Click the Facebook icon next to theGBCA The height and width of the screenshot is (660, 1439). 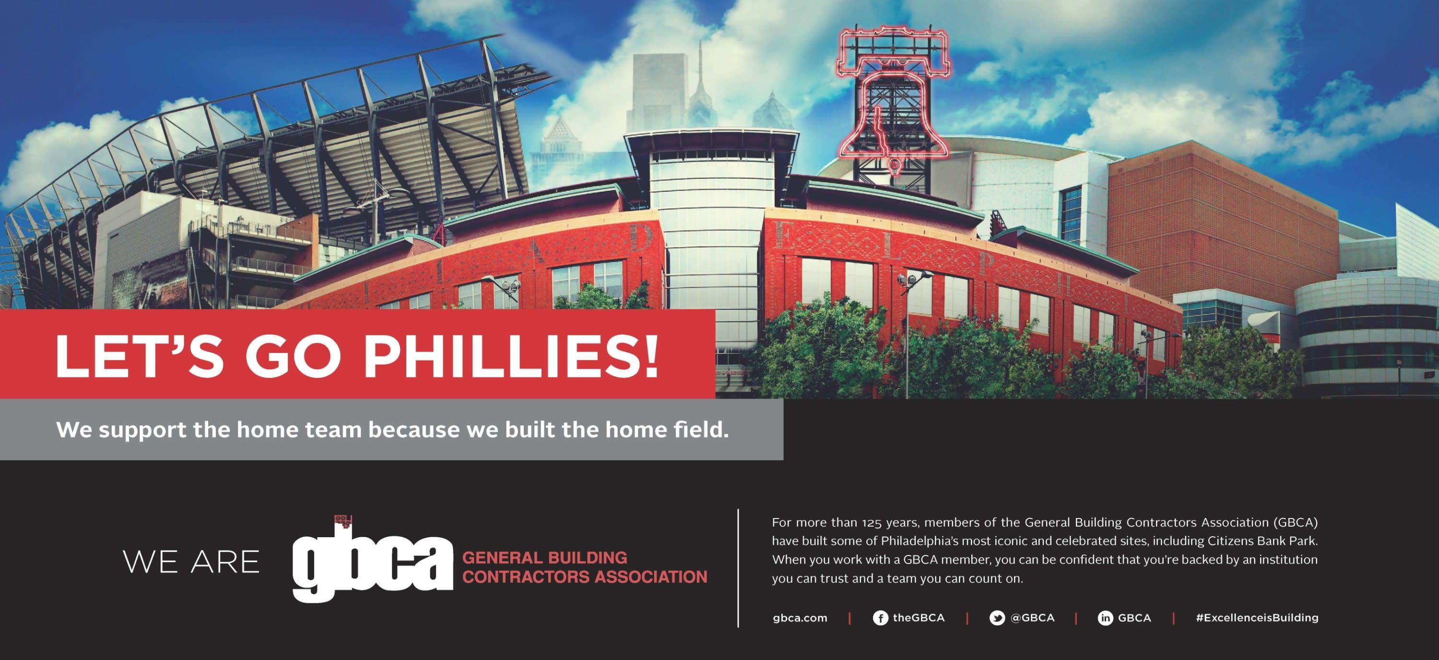pyautogui.click(x=880, y=618)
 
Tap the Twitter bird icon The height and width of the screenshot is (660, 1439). pyautogui.click(x=997, y=618)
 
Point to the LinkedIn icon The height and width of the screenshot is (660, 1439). pyautogui.click(x=1105, y=618)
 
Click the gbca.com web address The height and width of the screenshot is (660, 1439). pyautogui.click(x=800, y=618)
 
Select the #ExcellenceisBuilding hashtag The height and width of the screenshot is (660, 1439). pyautogui.click(x=1257, y=618)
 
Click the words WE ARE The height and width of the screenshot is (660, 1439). pyautogui.click(x=191, y=562)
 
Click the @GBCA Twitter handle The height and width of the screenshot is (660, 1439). pyautogui.click(x=1032, y=618)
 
